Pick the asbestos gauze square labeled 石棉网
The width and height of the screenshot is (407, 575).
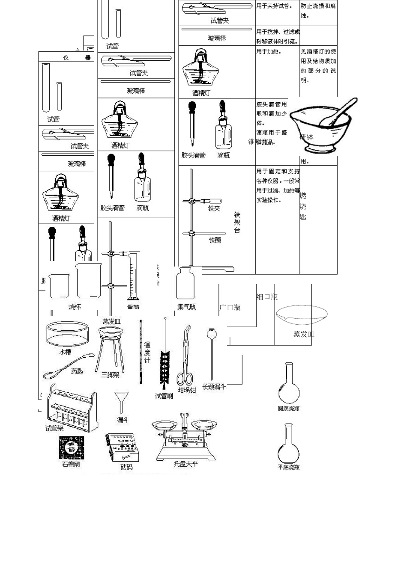(71, 448)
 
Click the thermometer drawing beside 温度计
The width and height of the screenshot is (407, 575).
(141, 351)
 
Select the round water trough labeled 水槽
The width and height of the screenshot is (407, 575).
(68, 334)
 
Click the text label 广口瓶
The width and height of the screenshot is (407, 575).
(230, 307)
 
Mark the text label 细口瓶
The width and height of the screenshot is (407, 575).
(266, 296)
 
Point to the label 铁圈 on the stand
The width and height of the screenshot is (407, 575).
(215, 240)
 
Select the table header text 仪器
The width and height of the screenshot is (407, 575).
(77, 57)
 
